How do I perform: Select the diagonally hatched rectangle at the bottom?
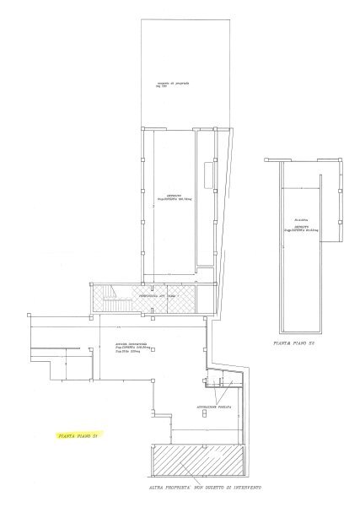(x=196, y=459)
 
